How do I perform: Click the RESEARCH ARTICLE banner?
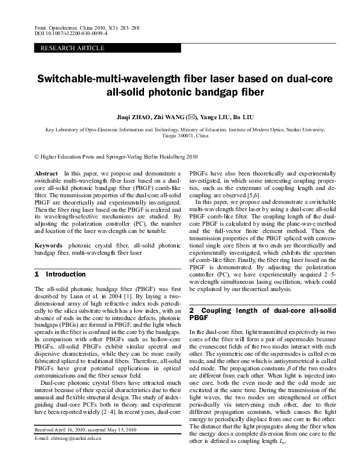(x=63, y=47)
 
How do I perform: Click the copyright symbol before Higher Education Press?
(x=37, y=156)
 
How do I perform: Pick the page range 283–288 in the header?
(x=125, y=28)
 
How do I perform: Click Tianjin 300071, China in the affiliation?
(x=186, y=136)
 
